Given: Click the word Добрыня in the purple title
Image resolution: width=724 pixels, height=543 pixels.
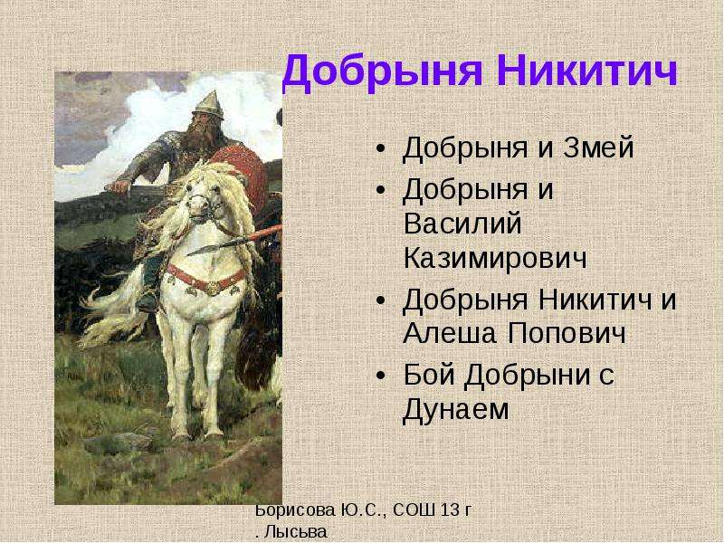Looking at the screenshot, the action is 383,72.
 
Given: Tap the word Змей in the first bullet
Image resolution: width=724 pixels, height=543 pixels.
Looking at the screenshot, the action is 598,148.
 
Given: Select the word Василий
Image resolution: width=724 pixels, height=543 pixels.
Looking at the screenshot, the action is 462,224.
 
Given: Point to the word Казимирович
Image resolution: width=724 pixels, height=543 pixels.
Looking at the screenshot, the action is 495,259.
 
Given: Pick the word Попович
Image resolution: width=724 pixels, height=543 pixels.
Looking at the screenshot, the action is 567,333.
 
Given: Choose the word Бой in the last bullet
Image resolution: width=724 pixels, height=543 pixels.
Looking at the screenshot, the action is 428,375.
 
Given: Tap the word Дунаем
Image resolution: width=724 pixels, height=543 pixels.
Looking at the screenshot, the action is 456,410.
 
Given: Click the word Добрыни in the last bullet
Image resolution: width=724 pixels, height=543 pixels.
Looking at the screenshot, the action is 528,376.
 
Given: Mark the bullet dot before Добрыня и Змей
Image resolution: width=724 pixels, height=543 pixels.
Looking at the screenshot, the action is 380,149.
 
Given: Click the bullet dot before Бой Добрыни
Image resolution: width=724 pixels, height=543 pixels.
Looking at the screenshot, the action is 380,376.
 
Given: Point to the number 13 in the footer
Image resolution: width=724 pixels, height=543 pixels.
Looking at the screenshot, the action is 450,510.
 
